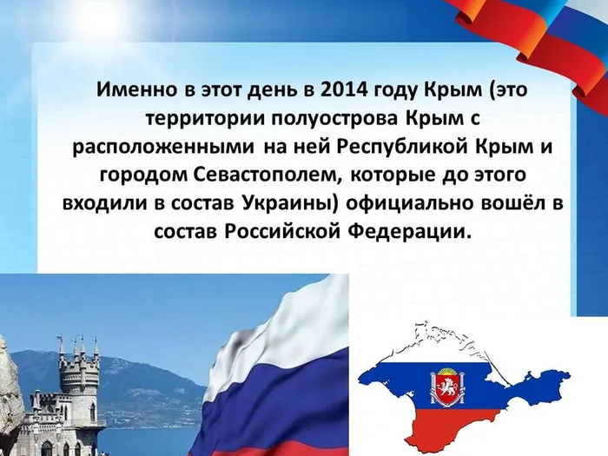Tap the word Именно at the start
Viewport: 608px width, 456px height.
pos(130,90)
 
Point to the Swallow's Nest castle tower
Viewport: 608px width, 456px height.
pos(81,378)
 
